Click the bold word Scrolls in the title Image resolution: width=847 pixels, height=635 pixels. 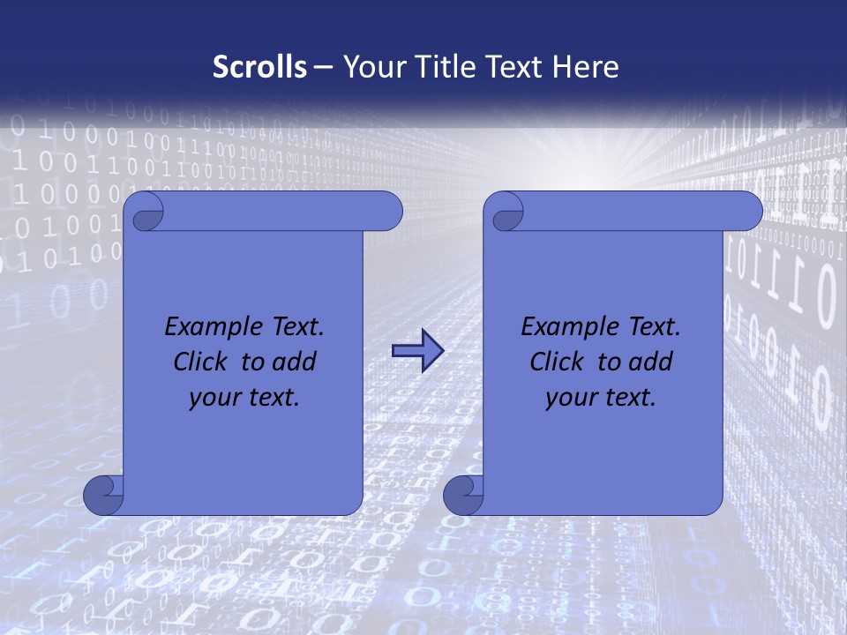[259, 67]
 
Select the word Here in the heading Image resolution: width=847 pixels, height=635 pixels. [586, 67]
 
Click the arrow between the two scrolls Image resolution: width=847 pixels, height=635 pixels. [416, 351]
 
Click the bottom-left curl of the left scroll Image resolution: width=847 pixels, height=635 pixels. [103, 495]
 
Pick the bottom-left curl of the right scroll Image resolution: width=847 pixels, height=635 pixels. [463, 495]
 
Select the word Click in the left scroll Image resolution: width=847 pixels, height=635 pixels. [193, 362]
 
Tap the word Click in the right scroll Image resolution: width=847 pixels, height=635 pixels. [550, 362]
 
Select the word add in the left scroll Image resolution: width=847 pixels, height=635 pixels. [293, 362]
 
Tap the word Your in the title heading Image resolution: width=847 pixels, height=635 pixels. [371, 67]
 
